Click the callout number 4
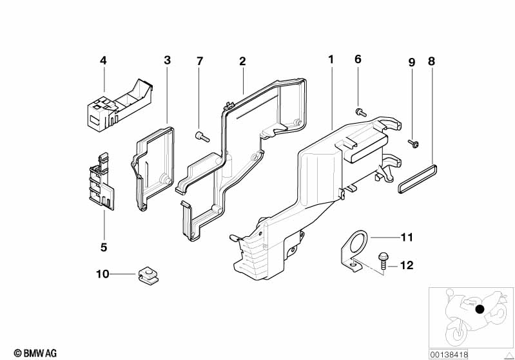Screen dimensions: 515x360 coord(104,61)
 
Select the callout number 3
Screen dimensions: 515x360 coord(168,60)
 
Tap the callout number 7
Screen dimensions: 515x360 coord(200,61)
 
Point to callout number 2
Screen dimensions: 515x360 coord(242,61)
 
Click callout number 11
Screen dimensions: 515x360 coord(407,237)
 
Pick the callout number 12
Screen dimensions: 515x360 coord(407,265)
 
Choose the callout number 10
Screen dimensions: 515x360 coord(102,274)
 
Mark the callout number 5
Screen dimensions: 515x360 coord(104,247)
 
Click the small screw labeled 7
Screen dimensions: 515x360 coord(202,137)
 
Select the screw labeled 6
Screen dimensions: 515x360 coord(361,112)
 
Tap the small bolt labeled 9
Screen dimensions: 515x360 coord(414,143)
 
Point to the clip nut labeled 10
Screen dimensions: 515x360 coord(148,276)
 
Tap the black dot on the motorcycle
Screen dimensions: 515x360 coord(480,309)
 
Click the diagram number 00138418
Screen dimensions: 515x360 coord(449,354)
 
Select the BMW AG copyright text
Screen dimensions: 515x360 coord(35,353)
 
